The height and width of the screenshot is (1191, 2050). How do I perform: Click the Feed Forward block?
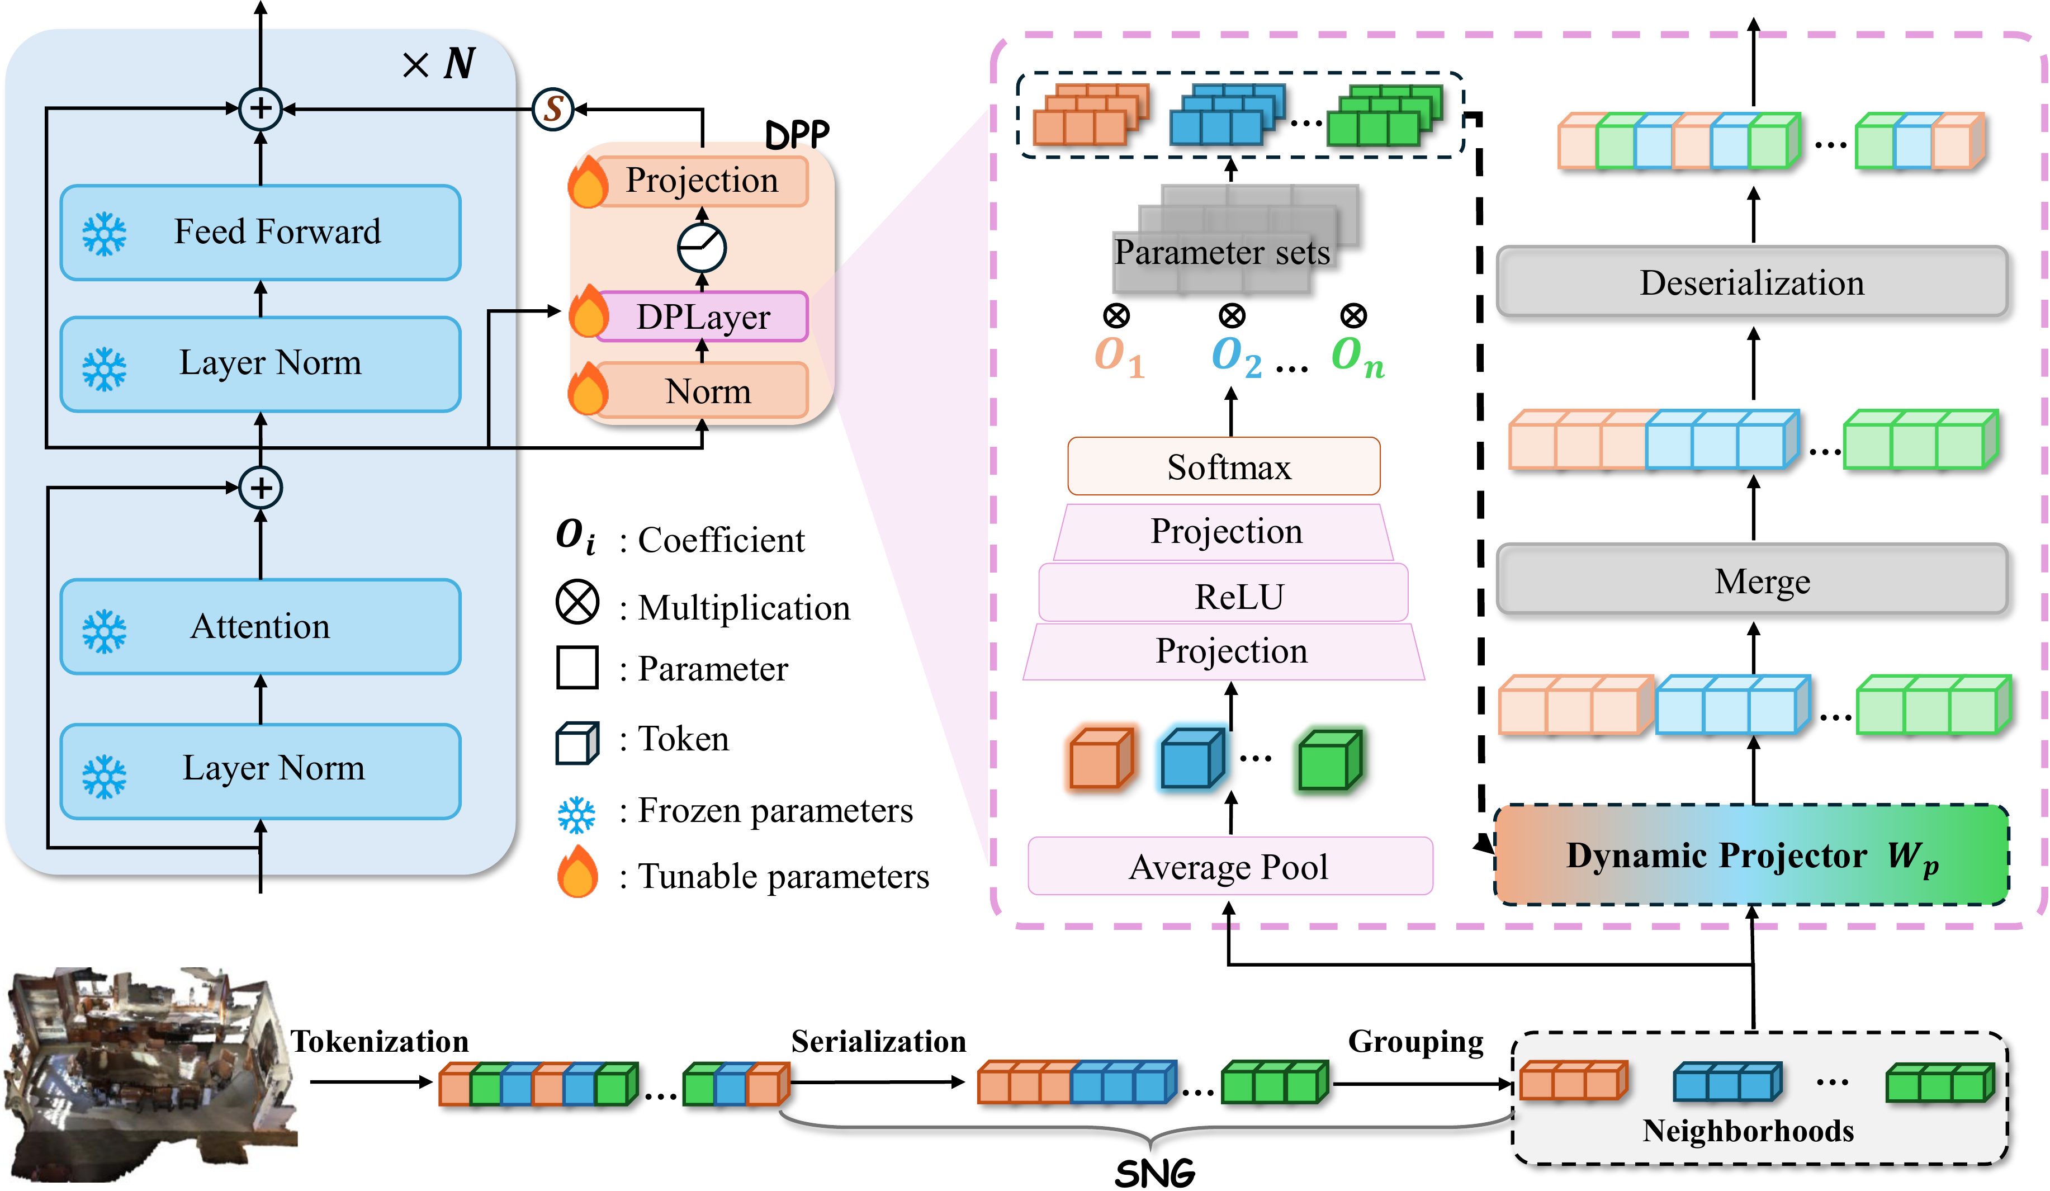(261, 233)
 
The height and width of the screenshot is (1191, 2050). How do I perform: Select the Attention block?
(261, 626)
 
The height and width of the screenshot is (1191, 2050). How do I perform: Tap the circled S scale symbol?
(553, 108)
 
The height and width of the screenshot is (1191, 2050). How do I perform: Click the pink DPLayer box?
(702, 316)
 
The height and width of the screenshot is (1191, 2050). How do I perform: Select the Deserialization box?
(1751, 282)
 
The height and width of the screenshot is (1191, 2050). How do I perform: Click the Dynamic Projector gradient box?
(1751, 855)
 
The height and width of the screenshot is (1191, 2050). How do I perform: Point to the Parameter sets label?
(1222, 252)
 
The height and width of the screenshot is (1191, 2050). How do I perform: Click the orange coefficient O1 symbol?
(1119, 356)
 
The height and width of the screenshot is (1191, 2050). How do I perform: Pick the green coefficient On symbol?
(1357, 356)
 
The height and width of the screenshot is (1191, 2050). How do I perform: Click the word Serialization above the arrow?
(879, 1041)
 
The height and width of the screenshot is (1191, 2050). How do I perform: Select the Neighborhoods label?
(1748, 1131)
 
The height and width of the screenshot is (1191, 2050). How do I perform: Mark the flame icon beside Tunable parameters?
(577, 872)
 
